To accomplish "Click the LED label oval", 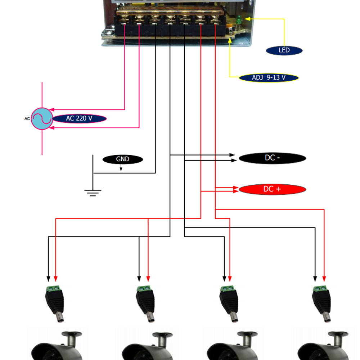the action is [284, 50].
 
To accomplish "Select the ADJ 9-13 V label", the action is [269, 78].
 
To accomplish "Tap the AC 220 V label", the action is [80, 118].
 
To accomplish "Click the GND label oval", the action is [123, 159].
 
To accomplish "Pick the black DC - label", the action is [272, 158].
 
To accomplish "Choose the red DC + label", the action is [272, 189].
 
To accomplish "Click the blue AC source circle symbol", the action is [42, 119].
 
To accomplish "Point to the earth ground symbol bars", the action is [93, 193].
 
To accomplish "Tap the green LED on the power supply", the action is [239, 20].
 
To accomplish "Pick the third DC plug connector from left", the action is [229, 303].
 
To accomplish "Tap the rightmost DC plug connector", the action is [321, 303].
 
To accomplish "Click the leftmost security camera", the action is [57, 346].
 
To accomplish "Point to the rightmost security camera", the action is [323, 346].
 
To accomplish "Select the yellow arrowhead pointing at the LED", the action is [248, 19].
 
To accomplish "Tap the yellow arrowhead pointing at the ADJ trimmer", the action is [230, 40].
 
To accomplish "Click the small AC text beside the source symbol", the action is [27, 119].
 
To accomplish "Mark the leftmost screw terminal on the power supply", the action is [124, 18].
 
